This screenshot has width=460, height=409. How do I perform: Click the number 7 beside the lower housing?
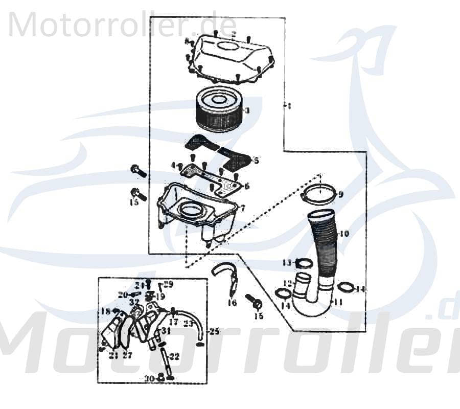click(x=242, y=208)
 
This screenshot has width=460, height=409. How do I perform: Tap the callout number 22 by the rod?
click(x=174, y=356)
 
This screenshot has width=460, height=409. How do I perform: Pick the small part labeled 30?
click(x=160, y=377)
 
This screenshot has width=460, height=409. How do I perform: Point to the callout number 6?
click(x=246, y=186)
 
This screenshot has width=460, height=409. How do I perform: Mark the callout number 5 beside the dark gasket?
click(x=256, y=161)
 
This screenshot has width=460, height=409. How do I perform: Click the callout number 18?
click(x=106, y=311)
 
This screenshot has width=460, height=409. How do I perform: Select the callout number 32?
click(x=134, y=303)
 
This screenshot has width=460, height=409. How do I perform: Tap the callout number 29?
click(x=169, y=284)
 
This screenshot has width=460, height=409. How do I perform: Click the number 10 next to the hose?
click(x=343, y=234)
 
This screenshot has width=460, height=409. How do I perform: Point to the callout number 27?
click(x=127, y=355)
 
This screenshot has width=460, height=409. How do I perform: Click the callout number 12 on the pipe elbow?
click(x=288, y=283)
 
